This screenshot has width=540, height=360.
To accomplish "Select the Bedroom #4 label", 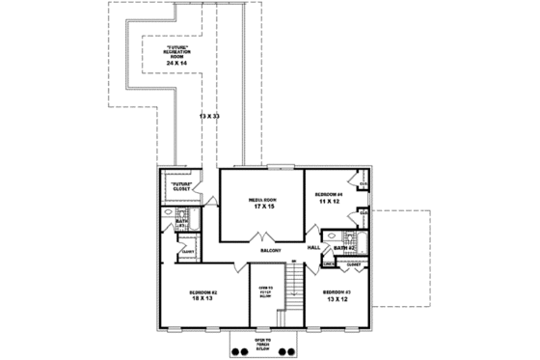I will pyautogui.click(x=329, y=194).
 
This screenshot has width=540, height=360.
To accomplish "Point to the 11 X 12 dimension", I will pyautogui.click(x=329, y=201).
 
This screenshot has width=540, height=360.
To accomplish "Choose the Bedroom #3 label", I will pyautogui.click(x=337, y=291).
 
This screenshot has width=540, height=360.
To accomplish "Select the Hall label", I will pyautogui.click(x=313, y=248).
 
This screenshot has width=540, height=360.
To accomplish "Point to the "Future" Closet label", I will pyautogui.click(x=183, y=186).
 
